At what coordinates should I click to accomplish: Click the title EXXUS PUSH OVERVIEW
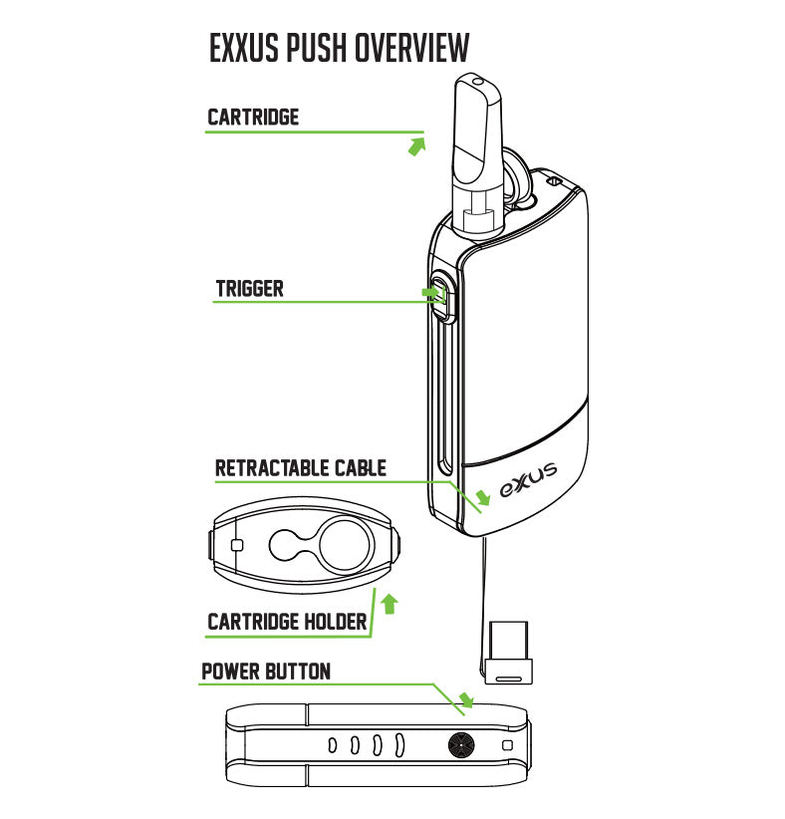(339, 48)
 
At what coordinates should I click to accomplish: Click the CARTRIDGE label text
(253, 117)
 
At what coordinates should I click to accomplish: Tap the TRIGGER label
(250, 289)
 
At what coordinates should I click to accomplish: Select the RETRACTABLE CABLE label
(301, 468)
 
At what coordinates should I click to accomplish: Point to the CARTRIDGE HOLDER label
(287, 623)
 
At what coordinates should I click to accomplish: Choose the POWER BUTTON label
(266, 671)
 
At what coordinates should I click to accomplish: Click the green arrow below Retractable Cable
(483, 495)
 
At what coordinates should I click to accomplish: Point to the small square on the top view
(236, 545)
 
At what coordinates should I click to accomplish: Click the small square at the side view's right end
(508, 745)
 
